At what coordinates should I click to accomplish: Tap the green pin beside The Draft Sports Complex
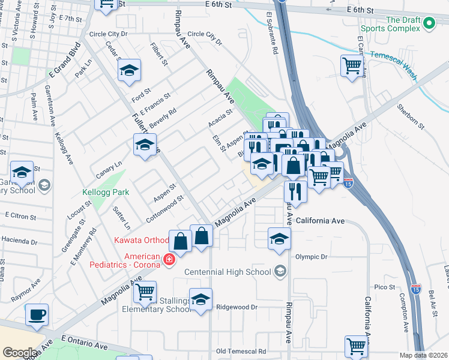(429, 23)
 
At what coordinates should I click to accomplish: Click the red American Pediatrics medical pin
(170, 260)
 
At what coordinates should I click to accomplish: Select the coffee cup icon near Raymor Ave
(37, 314)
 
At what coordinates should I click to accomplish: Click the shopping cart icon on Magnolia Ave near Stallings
(145, 292)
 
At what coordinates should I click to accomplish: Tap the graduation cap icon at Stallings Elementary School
(201, 299)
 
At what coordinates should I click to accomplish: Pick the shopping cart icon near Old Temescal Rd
(356, 346)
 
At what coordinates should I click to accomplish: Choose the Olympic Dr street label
(312, 257)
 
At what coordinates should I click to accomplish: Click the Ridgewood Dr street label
(237, 307)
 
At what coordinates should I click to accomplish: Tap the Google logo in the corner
(20, 353)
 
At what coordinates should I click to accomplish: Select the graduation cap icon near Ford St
(129, 70)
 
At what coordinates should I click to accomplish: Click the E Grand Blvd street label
(65, 61)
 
